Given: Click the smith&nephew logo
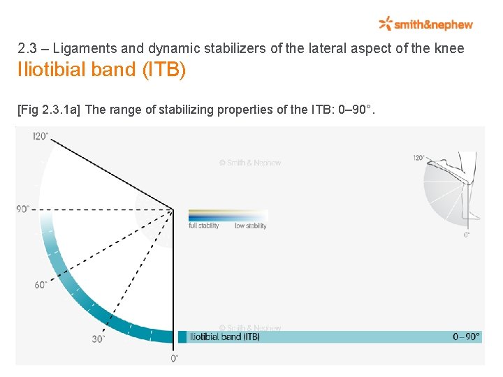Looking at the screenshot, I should tap(425, 24).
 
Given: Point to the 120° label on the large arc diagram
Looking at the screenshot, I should tap(41, 136).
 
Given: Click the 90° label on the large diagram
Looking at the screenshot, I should tap(24, 209).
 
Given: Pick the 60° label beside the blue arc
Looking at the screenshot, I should tap(40, 284).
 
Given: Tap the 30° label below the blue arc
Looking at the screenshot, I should tap(99, 339).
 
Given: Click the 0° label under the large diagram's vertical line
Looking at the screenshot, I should tap(174, 358).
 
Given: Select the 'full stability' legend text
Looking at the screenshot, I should tap(204, 226).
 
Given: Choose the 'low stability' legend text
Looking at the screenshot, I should tap(250, 226).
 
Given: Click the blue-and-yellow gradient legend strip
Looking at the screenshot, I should tap(228, 215).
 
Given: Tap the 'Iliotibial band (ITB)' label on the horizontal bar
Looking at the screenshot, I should tap(224, 337).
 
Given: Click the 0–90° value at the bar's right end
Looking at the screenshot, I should tap(466, 337).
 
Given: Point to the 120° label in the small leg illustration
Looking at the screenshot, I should tap(418, 158).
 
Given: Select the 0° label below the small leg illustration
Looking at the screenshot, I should tap(467, 235).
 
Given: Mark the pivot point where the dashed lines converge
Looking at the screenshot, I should tap(173, 208).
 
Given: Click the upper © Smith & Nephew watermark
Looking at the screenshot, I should tap(250, 163).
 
